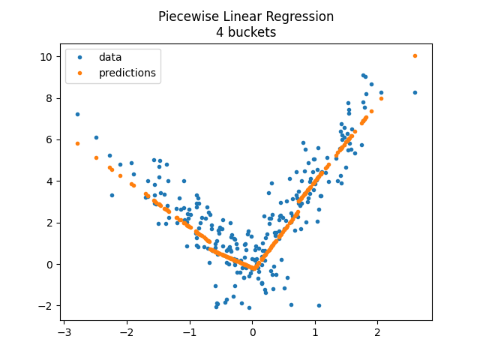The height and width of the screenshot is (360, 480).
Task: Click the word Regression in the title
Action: (x=296, y=16)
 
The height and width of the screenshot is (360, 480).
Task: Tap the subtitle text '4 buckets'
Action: (x=246, y=32)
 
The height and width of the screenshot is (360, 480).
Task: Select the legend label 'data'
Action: (x=110, y=57)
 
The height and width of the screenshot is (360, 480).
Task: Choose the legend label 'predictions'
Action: (x=127, y=73)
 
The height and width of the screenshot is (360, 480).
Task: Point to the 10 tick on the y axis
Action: (x=46, y=56)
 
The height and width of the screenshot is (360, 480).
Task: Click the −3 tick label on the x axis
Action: (x=64, y=331)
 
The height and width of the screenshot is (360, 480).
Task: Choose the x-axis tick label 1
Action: (x=315, y=331)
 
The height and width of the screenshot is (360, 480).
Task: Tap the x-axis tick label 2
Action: (x=377, y=331)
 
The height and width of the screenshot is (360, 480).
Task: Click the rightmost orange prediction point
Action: (x=415, y=55)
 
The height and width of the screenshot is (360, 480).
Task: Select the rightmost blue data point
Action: (x=415, y=92)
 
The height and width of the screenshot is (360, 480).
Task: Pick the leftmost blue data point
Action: (x=77, y=114)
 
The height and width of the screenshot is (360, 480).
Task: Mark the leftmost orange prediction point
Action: (x=77, y=143)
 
